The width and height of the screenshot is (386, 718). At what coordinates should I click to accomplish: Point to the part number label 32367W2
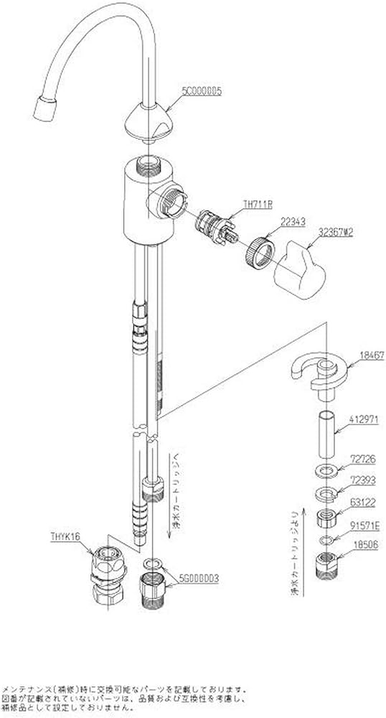tap(340, 233)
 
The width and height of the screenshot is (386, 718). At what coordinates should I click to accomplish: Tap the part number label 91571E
tap(362, 525)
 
